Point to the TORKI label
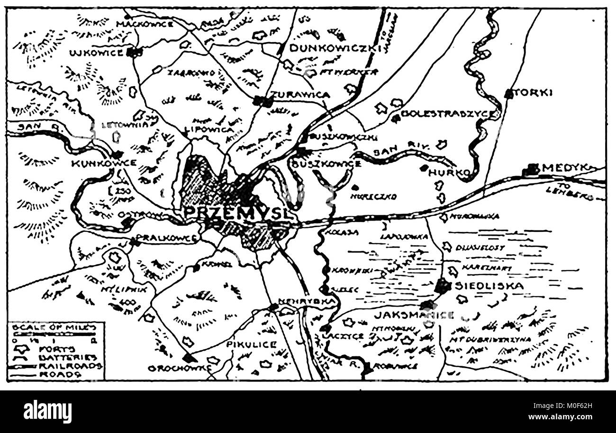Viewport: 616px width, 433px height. click(x=534, y=93)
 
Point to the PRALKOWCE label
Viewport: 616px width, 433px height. click(x=166, y=238)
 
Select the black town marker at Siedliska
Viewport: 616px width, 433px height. click(x=442, y=285)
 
